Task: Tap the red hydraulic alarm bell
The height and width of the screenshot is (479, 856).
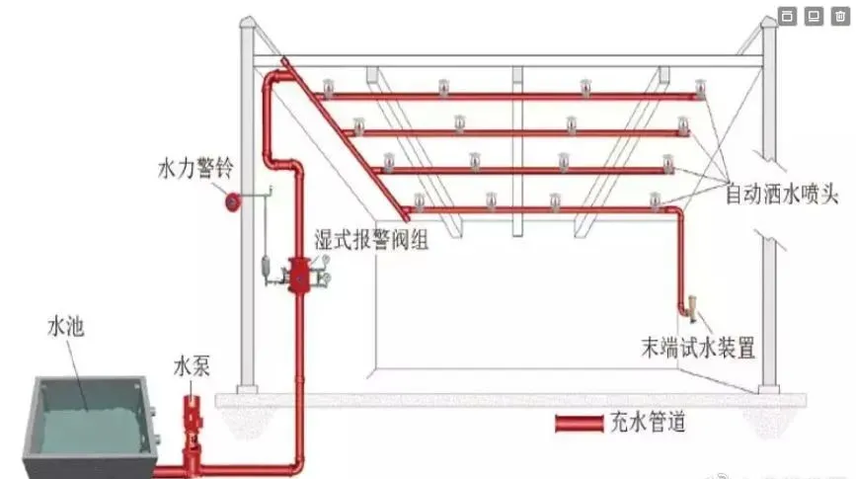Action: [233, 201]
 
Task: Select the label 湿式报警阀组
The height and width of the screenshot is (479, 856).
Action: [370, 240]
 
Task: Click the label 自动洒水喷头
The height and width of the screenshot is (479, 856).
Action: [782, 194]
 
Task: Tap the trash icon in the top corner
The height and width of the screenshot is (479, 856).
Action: [837, 16]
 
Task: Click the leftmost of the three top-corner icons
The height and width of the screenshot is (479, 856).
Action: [787, 16]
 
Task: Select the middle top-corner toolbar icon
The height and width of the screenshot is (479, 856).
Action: [813, 16]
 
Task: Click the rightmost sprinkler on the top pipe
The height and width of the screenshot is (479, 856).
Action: [701, 91]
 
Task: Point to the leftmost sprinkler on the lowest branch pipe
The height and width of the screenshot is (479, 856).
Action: [419, 202]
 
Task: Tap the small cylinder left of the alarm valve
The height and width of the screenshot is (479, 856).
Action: [266, 268]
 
